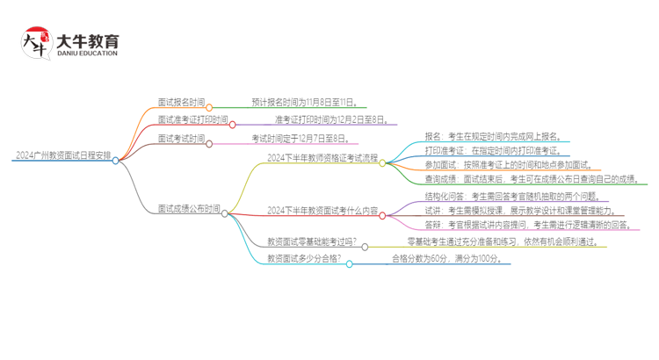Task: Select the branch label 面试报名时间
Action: [x=182, y=103]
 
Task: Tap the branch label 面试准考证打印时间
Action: [x=193, y=119]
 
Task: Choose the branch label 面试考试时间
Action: [x=182, y=139]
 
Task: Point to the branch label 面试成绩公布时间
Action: [x=189, y=209]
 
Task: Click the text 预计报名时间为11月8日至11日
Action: [x=303, y=103]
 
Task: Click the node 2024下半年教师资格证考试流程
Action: [x=322, y=159]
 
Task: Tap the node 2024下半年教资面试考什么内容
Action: [x=322, y=211]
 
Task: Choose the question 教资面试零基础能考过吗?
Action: [x=313, y=241]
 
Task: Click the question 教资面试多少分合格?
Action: [x=305, y=258]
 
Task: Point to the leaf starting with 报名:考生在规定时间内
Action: [x=497, y=136]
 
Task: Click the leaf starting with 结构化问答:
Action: [x=511, y=196]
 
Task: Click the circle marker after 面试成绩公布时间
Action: [x=226, y=213]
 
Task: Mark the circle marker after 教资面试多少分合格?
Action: [x=350, y=263]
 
